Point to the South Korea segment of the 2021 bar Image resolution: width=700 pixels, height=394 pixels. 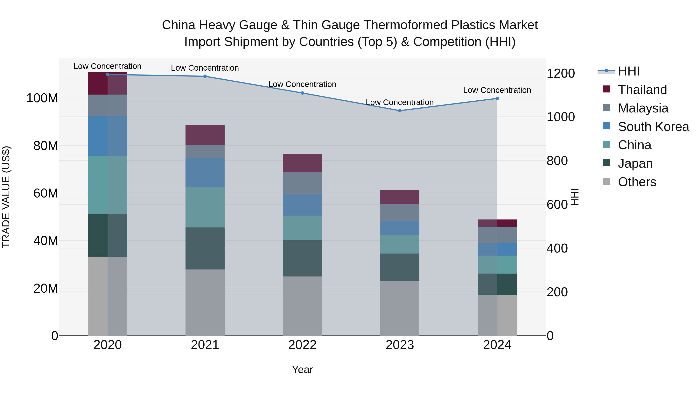(205, 172)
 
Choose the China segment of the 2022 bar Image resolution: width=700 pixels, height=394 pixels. (302, 228)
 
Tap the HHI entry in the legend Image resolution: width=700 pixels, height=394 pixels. (628, 71)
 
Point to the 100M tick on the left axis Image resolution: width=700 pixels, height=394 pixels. (42, 98)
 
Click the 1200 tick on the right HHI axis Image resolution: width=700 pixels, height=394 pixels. (560, 73)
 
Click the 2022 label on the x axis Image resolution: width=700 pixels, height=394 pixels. (302, 345)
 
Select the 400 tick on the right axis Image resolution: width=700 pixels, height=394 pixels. (557, 248)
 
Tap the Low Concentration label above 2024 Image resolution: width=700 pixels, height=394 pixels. (497, 90)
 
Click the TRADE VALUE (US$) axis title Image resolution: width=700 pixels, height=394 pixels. (6, 197)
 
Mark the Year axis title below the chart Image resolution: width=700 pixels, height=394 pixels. (302, 369)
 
